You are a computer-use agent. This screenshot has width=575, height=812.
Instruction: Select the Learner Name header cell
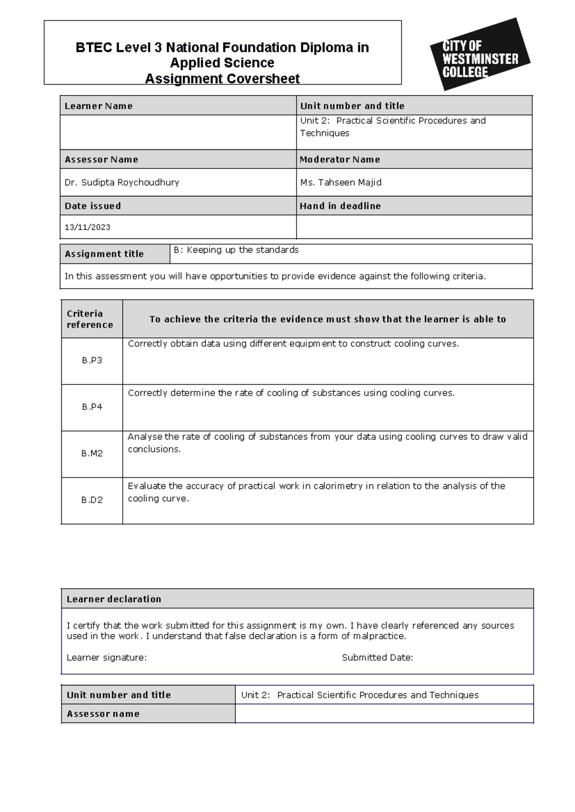click(x=99, y=106)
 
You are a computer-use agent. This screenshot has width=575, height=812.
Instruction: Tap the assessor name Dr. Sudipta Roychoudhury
click(x=122, y=182)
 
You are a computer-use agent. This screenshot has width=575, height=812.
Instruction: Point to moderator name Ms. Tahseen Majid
click(x=341, y=182)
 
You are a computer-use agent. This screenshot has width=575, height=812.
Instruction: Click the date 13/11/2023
click(x=87, y=227)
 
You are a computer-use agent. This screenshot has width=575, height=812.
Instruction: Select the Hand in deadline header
click(x=340, y=206)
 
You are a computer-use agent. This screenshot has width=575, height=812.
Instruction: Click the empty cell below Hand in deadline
click(x=414, y=227)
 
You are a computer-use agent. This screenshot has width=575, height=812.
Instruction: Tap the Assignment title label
click(x=104, y=254)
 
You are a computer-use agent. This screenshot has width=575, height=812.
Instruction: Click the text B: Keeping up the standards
click(x=236, y=250)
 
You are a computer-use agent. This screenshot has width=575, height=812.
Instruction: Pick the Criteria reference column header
click(x=90, y=319)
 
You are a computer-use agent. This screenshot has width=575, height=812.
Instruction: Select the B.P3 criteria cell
click(x=92, y=361)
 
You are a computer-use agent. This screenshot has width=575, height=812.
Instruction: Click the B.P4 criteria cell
click(x=92, y=407)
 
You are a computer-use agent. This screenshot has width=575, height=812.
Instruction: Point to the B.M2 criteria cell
click(x=92, y=453)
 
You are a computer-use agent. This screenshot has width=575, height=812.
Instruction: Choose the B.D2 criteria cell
click(x=92, y=500)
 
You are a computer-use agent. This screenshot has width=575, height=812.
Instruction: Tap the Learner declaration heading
click(x=114, y=599)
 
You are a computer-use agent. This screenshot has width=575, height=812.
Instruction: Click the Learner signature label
click(x=106, y=657)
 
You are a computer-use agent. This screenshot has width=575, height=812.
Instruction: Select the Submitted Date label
click(x=377, y=657)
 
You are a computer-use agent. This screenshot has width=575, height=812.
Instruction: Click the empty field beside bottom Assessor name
click(x=384, y=713)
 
